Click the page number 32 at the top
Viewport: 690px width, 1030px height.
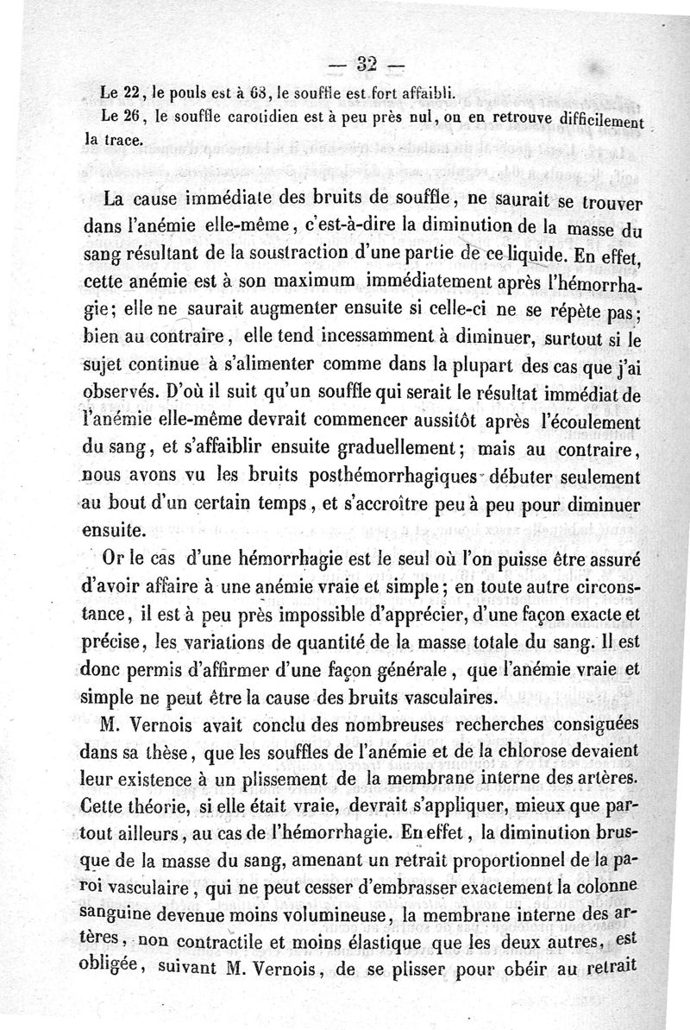[367, 64]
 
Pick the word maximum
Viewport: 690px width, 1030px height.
[285, 281]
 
